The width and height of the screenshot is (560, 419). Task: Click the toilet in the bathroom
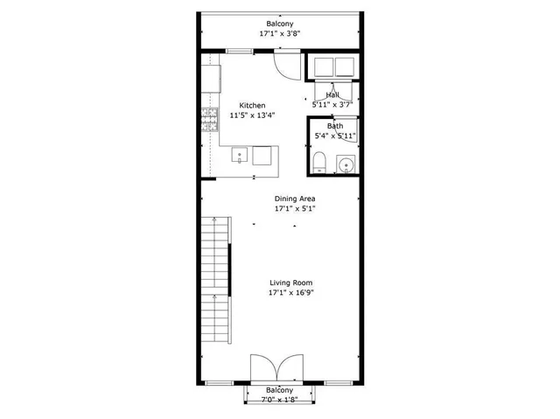[x=320, y=162]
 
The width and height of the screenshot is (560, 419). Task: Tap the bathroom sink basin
[x=346, y=164]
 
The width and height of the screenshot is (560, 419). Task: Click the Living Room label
[x=290, y=283]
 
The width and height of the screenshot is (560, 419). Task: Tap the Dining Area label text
[x=295, y=199]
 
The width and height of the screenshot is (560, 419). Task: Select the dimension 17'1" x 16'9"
[x=290, y=293]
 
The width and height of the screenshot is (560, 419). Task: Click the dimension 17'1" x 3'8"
[x=281, y=33]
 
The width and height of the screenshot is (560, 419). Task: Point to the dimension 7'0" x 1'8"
[x=280, y=400]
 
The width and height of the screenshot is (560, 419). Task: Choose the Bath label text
[x=335, y=126]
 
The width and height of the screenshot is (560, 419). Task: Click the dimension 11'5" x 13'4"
[x=252, y=115]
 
